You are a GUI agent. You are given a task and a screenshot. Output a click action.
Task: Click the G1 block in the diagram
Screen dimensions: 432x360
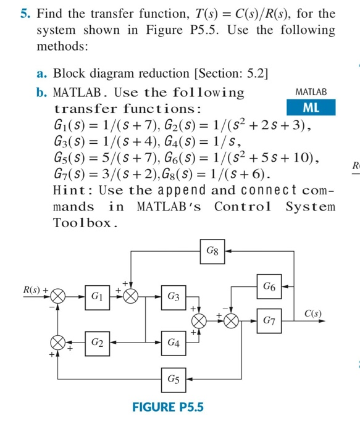coord(96,297)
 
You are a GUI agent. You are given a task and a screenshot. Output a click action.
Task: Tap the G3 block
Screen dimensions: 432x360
coord(174,297)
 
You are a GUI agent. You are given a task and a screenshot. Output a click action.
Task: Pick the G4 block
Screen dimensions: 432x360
coord(174,341)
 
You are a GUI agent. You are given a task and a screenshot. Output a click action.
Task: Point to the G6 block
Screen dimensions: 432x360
coord(269,286)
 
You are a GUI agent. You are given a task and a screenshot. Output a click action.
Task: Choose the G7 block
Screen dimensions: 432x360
coord(269,320)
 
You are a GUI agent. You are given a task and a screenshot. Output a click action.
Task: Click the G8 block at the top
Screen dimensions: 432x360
coord(211,251)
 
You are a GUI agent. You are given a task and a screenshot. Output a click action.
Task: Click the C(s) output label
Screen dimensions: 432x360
coord(312,313)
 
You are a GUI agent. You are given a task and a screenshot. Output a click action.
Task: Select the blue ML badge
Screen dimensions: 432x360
coord(311,107)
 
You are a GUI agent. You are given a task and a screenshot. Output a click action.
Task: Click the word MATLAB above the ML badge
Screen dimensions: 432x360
coord(311,91)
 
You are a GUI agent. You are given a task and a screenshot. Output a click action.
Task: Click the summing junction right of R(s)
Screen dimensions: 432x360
coord(58,297)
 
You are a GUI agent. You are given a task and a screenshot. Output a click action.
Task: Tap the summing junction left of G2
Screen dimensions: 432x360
coord(58,341)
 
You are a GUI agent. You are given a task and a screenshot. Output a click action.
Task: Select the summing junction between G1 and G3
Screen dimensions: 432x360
coord(131,297)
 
